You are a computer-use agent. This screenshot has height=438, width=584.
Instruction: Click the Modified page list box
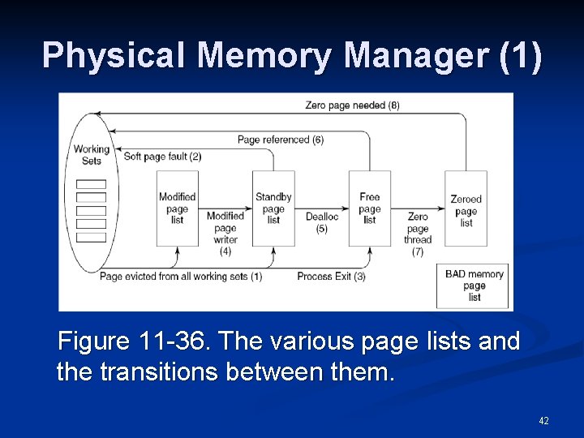pyautogui.click(x=177, y=208)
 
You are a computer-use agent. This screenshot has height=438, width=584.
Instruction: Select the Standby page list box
pyautogui.click(x=273, y=208)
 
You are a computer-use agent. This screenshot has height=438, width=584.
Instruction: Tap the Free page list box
pyautogui.click(x=370, y=208)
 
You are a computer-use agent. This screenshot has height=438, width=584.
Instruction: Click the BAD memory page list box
pyautogui.click(x=474, y=286)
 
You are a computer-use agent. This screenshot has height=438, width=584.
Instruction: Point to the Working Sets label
pyautogui.click(x=91, y=155)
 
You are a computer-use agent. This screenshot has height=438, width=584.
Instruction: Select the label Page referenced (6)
pyautogui.click(x=281, y=140)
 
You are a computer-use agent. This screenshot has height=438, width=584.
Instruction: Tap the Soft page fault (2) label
pyautogui.click(x=162, y=156)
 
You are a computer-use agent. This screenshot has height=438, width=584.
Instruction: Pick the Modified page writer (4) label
pyautogui.click(x=225, y=234)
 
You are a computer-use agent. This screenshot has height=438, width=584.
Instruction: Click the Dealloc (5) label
pyautogui.click(x=322, y=222)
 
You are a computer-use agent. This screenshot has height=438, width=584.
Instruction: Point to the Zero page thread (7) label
pyautogui.click(x=418, y=234)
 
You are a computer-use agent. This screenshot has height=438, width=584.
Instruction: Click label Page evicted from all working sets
pyautogui.click(x=181, y=277)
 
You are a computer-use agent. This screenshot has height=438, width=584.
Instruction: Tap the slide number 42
pyautogui.click(x=543, y=421)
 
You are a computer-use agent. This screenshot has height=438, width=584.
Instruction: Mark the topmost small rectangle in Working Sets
pyautogui.click(x=91, y=183)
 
